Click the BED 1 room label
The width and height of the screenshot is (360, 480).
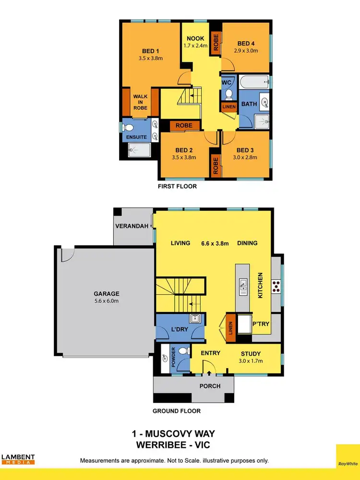coord(150,51)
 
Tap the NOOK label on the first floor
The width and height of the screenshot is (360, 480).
coord(195,38)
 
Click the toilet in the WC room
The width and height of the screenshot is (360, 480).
coord(228,93)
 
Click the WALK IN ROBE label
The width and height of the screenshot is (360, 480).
coord(140,102)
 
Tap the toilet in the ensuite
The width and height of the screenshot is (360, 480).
coord(128,128)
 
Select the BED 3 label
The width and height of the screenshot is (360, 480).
coord(247,150)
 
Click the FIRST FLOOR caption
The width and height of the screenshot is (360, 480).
coord(177,186)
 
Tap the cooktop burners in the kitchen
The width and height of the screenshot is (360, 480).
coord(276,287)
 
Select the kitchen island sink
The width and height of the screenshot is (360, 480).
coord(243,287)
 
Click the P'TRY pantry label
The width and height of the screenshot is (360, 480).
coord(261,324)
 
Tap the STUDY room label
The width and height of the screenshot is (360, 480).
coord(251,353)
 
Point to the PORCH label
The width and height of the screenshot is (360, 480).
coord(210,386)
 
